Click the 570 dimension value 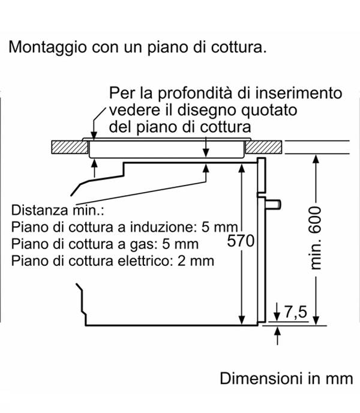(x=241, y=241)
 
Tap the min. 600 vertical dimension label (x=315, y=238)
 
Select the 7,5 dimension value (x=296, y=312)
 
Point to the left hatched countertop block (x=70, y=147)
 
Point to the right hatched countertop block (x=264, y=147)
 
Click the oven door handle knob (x=274, y=204)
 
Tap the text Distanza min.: (x=58, y=210)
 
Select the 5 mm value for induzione (x=220, y=227)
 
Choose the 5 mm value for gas (x=181, y=244)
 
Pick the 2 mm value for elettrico (x=196, y=261)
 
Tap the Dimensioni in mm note (x=286, y=379)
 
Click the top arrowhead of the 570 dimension (x=241, y=168)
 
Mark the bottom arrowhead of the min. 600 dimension (x=317, y=320)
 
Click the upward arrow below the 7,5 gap (x=277, y=336)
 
